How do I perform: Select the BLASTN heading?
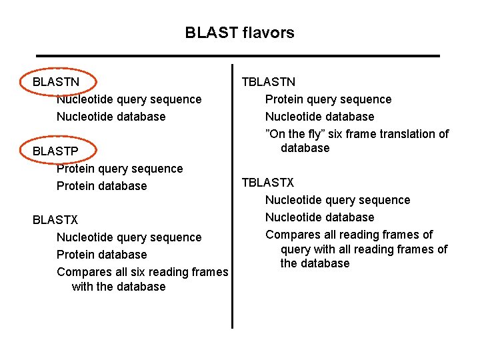[56, 82]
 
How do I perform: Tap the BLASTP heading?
[55, 151]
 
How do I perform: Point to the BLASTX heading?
[55, 220]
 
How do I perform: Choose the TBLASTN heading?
[268, 82]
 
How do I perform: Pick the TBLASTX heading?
[268, 183]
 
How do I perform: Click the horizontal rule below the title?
[238, 55]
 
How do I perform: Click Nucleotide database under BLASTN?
[111, 117]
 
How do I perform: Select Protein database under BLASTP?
[101, 186]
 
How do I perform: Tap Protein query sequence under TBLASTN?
[328, 99]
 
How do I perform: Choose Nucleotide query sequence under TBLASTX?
[337, 200]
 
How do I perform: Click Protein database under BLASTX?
[101, 255]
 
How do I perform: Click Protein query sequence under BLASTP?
[119, 169]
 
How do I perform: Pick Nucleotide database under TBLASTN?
[319, 117]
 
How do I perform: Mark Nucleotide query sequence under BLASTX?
[129, 237]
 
